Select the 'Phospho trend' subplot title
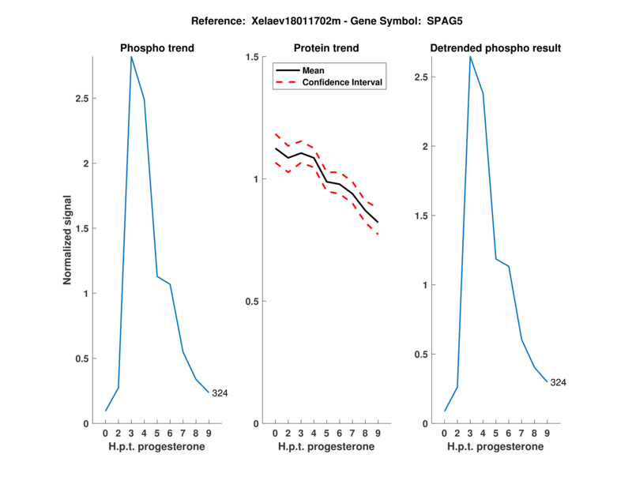pyautogui.click(x=157, y=48)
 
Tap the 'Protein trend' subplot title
pyautogui.click(x=326, y=48)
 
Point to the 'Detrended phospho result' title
pyautogui.click(x=495, y=48)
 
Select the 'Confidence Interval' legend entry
pyautogui.click(x=343, y=82)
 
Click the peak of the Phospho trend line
pyautogui.click(x=131, y=57)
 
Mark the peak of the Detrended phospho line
pyautogui.click(x=470, y=57)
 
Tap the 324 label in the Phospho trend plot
pyautogui.click(x=220, y=392)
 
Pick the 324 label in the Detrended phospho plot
pyautogui.click(x=558, y=382)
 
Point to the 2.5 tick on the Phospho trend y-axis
pyautogui.click(x=81, y=100)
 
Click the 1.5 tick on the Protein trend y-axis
pyautogui.click(x=254, y=57)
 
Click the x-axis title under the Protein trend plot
pyautogui.click(x=326, y=447)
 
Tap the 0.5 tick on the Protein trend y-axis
pyautogui.click(x=254, y=302)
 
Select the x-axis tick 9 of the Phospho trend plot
pyautogui.click(x=209, y=433)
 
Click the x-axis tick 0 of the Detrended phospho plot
pyautogui.click(x=445, y=433)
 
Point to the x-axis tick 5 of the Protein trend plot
pyautogui.click(x=326, y=433)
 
